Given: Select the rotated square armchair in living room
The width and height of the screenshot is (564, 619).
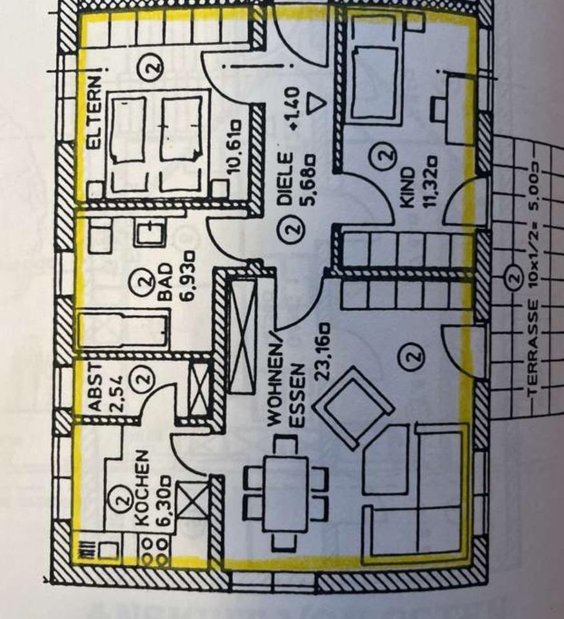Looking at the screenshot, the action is pos(353,404).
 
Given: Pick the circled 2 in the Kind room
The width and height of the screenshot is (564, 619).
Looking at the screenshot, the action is pos(385,155).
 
